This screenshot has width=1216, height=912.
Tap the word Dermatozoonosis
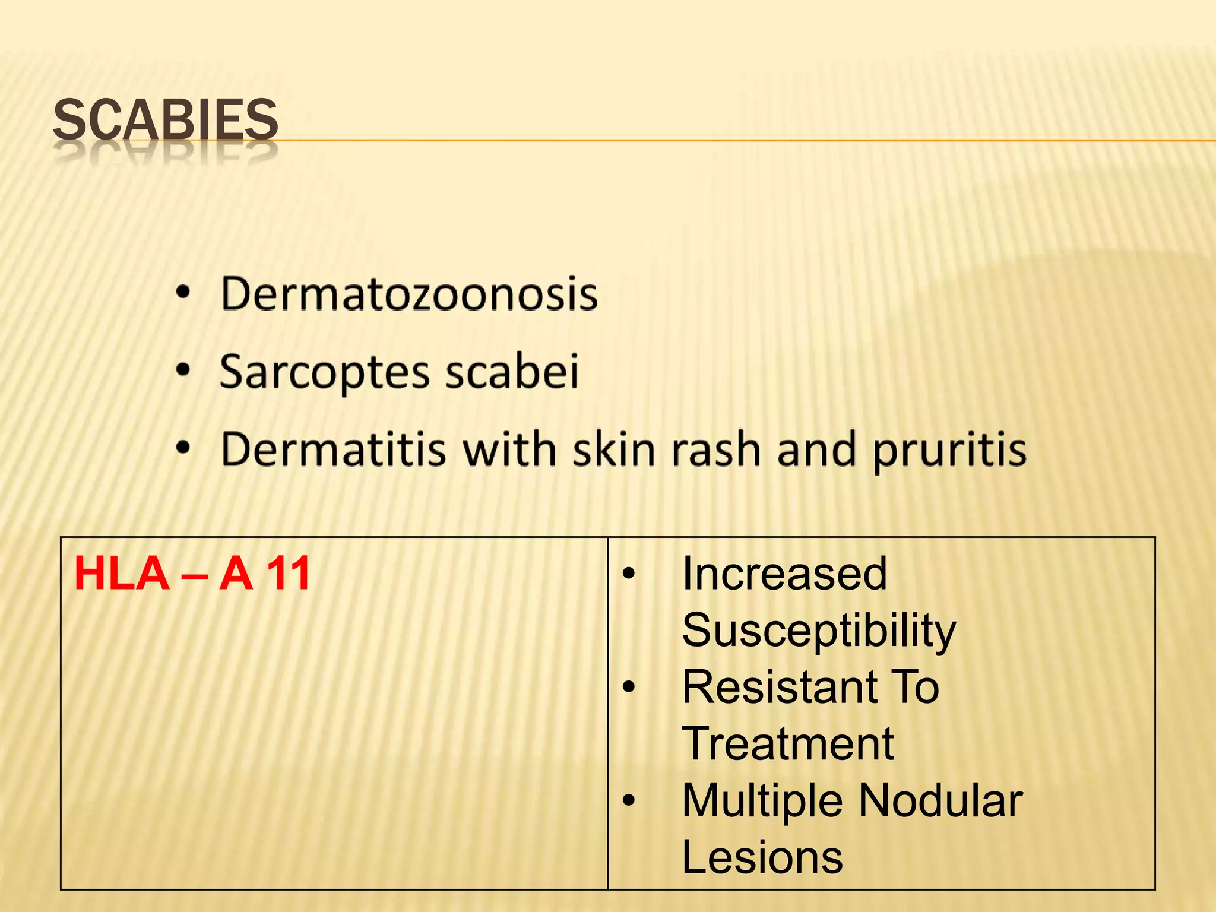click(x=409, y=294)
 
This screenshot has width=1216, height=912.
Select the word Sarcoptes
click(x=324, y=372)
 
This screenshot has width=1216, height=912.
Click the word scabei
click(x=512, y=371)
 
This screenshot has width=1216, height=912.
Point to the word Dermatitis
click(x=333, y=449)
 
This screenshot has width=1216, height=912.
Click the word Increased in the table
click(x=784, y=574)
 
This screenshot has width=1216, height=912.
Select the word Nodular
click(x=941, y=800)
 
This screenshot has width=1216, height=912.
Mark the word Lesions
click(x=762, y=857)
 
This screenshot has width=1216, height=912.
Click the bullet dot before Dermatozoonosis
click(x=183, y=292)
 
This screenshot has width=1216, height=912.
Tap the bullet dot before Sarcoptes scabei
click(x=183, y=370)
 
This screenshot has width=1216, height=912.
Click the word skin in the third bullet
click(x=615, y=449)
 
